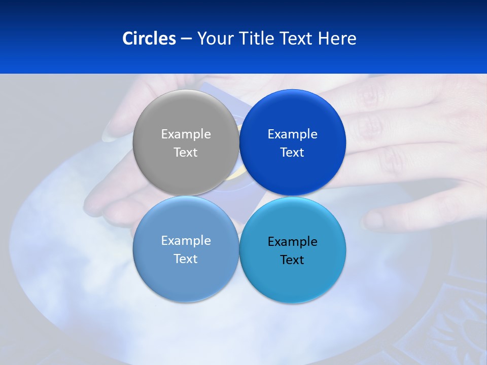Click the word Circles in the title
pyautogui.click(x=149, y=39)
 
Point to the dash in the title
pyautogui.click(x=186, y=39)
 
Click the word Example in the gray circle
pyautogui.click(x=186, y=134)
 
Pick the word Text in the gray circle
pyautogui.click(x=186, y=153)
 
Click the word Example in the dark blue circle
pyautogui.click(x=292, y=134)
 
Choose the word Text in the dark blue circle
pyautogui.click(x=292, y=153)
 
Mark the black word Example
pyautogui.click(x=292, y=242)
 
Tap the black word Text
pyautogui.click(x=292, y=260)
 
